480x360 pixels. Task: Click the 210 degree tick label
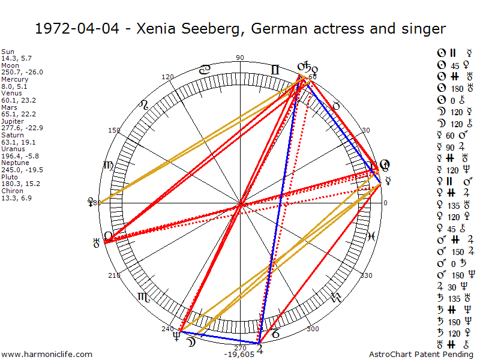coord(114,275)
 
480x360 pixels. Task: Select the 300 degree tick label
coord(312,329)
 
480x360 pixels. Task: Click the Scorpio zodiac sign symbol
coord(144,296)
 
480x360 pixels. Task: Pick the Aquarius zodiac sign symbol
coord(336,296)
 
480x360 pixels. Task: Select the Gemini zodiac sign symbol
coord(275,70)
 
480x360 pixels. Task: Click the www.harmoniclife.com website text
coord(47,355)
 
